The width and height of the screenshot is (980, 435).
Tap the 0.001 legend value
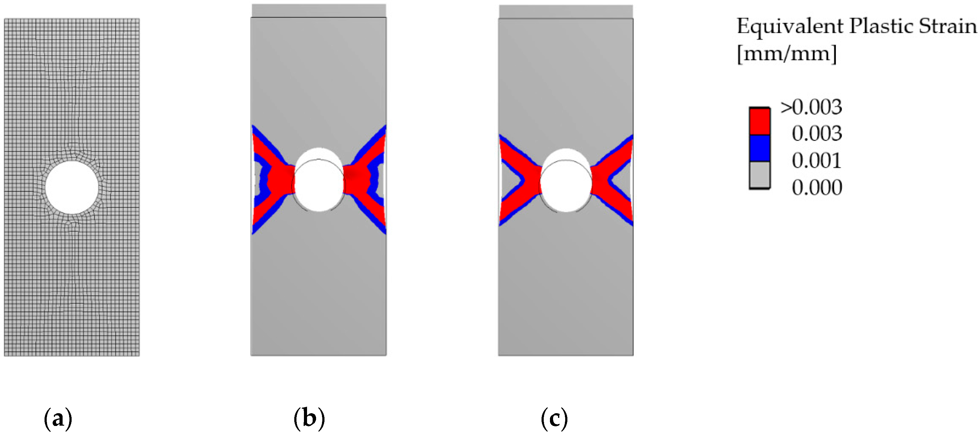817,160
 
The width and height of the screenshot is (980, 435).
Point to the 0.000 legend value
817,187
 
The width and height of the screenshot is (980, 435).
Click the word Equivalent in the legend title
790,26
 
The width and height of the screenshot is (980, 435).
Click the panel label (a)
58,418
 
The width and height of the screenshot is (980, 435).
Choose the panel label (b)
309,418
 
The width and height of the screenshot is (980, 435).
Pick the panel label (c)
554,418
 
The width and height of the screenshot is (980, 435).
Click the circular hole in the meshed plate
72,187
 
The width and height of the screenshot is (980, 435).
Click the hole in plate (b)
319,184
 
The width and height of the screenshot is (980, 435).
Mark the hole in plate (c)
566,185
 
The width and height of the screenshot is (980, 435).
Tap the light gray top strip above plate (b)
319,11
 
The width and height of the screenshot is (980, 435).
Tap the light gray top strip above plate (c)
566,12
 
